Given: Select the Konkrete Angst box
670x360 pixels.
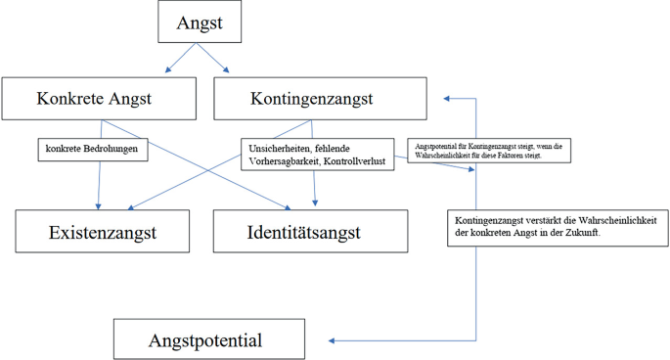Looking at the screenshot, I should click(x=94, y=99).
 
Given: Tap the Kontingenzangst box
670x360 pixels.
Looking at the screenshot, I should click(x=311, y=99).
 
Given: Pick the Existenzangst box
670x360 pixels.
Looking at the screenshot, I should click(x=103, y=232).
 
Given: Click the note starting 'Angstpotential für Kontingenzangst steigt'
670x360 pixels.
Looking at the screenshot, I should click(x=489, y=150).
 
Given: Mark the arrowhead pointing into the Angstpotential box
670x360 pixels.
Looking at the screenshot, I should click(x=333, y=340).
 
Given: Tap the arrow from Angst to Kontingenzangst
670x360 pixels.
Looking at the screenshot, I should click(x=218, y=61).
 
